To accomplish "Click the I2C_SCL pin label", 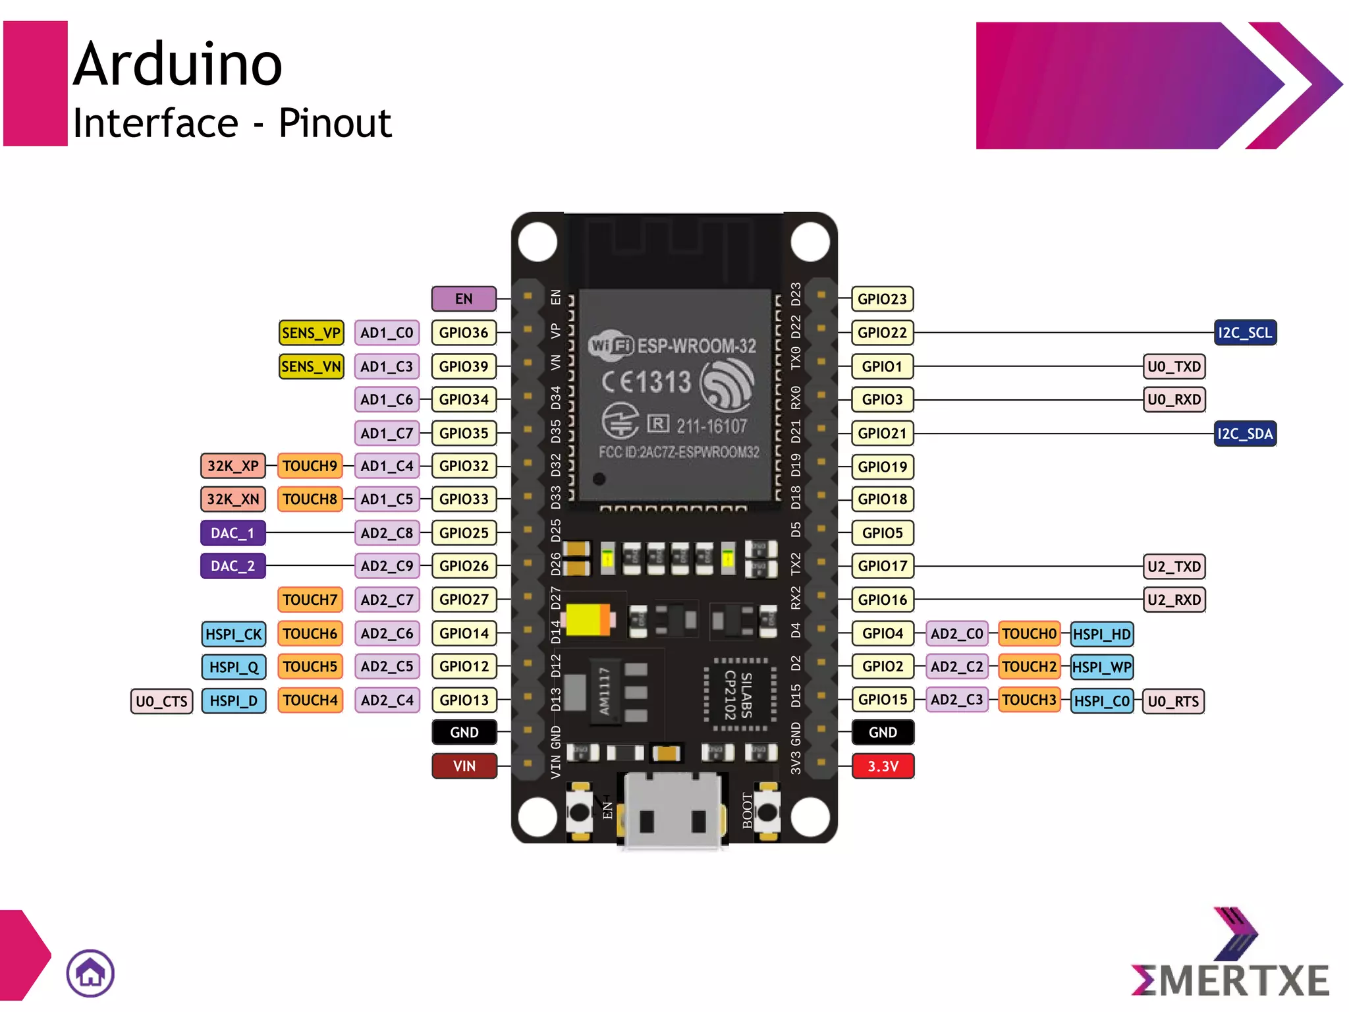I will pos(1244,333).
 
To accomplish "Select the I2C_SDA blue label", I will pos(1244,434).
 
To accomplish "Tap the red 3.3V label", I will pos(883,766).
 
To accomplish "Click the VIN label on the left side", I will pos(464,766).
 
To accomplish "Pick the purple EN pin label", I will pos(464,298).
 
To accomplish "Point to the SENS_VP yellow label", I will pos(311,333).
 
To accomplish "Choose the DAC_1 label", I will pos(233,533).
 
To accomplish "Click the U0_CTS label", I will pos(161,701).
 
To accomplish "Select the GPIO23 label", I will pos(882,298).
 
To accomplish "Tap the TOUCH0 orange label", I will pos(1029,634).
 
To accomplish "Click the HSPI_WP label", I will pos(1101,667).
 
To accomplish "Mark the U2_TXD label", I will pos(1174,566).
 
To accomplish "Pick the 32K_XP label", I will pos(233,466).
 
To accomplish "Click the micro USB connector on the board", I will pos(672,810).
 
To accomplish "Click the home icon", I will pos(90,973).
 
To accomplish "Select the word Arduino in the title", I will pos(178,64).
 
